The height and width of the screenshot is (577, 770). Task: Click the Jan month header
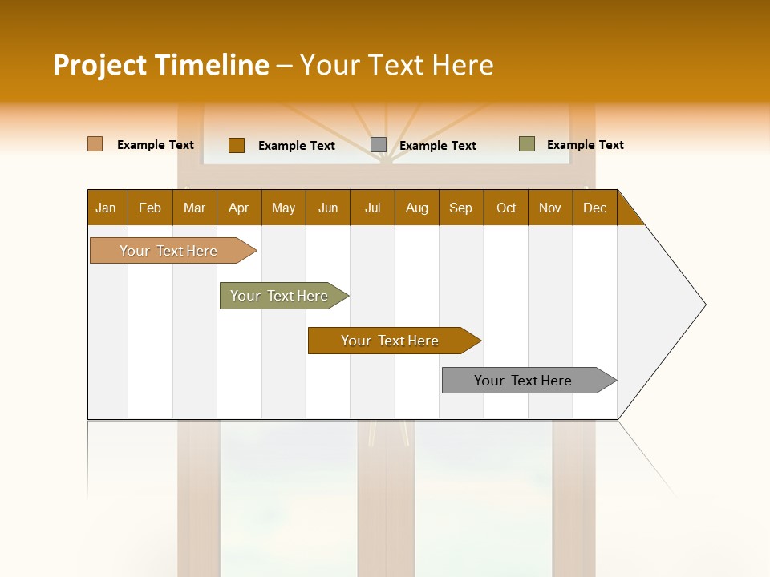click(x=106, y=208)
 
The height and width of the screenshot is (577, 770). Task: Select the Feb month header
click(x=150, y=208)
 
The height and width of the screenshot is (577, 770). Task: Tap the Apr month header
click(x=239, y=208)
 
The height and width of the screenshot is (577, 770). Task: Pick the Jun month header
click(x=328, y=208)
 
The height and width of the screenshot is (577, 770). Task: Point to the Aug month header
click(x=416, y=208)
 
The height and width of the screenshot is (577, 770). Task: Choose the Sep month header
click(x=461, y=208)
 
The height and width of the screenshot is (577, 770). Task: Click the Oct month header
click(x=506, y=208)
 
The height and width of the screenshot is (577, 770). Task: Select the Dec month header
click(x=594, y=208)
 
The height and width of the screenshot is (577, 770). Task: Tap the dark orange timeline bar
click(x=391, y=341)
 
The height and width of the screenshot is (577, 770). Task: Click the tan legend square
click(x=95, y=144)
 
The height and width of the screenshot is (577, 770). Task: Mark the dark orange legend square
click(x=237, y=145)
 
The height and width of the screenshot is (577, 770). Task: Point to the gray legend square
click(x=379, y=144)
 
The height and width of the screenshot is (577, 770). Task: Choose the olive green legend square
click(x=527, y=144)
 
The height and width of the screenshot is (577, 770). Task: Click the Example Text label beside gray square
click(x=438, y=145)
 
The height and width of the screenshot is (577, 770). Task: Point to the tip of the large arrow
click(x=704, y=305)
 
